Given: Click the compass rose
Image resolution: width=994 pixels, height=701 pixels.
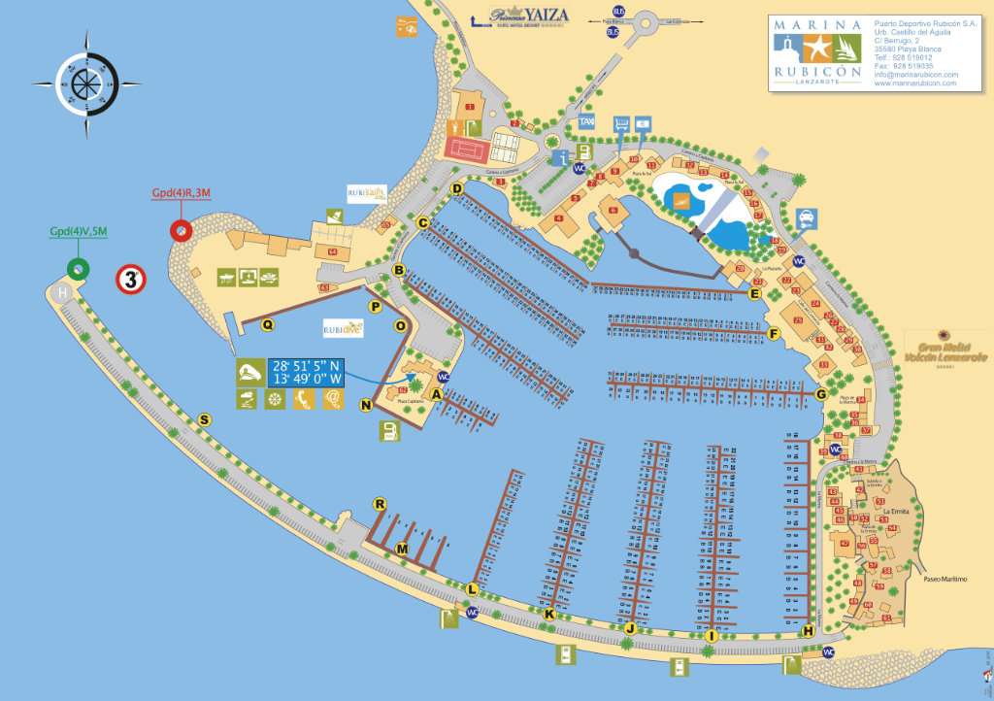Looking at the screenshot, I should tap(86, 84).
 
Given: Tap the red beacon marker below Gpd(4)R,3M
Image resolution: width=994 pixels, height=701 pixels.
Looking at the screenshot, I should tap(180, 231).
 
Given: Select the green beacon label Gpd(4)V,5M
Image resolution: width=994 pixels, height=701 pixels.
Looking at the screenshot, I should tap(80, 232).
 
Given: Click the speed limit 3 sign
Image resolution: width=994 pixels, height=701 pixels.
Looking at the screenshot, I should tap(131, 280).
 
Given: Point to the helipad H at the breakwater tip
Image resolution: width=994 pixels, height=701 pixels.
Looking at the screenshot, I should tap(63, 293).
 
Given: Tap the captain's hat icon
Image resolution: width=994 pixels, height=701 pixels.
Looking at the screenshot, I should tap(249, 372).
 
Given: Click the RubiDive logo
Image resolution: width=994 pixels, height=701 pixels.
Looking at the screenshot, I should tap(343, 327).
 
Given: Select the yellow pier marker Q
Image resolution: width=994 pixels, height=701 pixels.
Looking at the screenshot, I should tap(267, 325).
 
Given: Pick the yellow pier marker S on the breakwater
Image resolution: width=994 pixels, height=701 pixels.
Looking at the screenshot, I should tap(204, 419).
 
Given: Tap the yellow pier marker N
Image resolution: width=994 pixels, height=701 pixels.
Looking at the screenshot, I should tap(366, 405).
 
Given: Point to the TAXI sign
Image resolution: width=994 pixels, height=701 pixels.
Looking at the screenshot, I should tap(586, 123).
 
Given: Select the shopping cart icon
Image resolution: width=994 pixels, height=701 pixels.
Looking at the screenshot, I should tap(621, 124).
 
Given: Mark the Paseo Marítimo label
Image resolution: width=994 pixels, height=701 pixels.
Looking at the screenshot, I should tap(946, 579).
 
